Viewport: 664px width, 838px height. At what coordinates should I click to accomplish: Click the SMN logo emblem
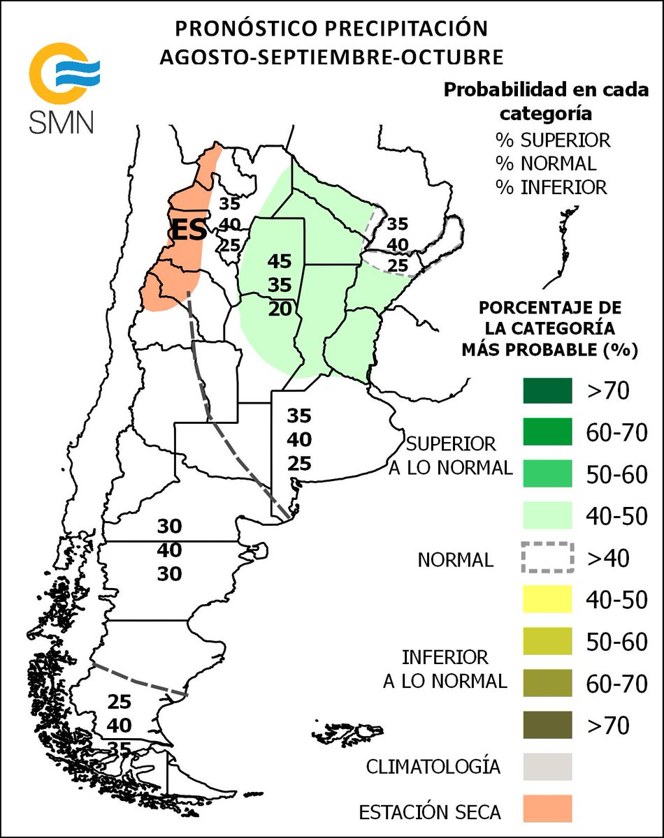pos(64,72)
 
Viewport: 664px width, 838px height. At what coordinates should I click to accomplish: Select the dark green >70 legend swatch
pos(547,391)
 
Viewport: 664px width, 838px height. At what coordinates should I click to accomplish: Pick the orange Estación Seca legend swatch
pos(547,808)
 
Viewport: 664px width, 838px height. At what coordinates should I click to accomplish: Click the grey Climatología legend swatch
pos(547,766)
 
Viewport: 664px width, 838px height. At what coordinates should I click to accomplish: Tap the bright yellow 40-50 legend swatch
pos(547,599)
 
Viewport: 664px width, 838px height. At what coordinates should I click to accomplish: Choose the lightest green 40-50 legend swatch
pos(547,516)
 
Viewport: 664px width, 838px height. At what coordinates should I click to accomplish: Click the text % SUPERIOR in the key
pos(553,140)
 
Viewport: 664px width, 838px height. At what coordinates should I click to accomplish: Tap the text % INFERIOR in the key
pos(551,187)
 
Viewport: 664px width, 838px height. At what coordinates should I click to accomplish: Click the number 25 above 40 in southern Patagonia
pos(120,702)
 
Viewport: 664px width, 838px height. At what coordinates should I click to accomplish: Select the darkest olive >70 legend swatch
pos(547,724)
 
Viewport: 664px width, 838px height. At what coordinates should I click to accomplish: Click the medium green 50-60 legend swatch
pos(547,474)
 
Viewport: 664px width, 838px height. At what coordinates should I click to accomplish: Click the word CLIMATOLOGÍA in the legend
pos(433,766)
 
